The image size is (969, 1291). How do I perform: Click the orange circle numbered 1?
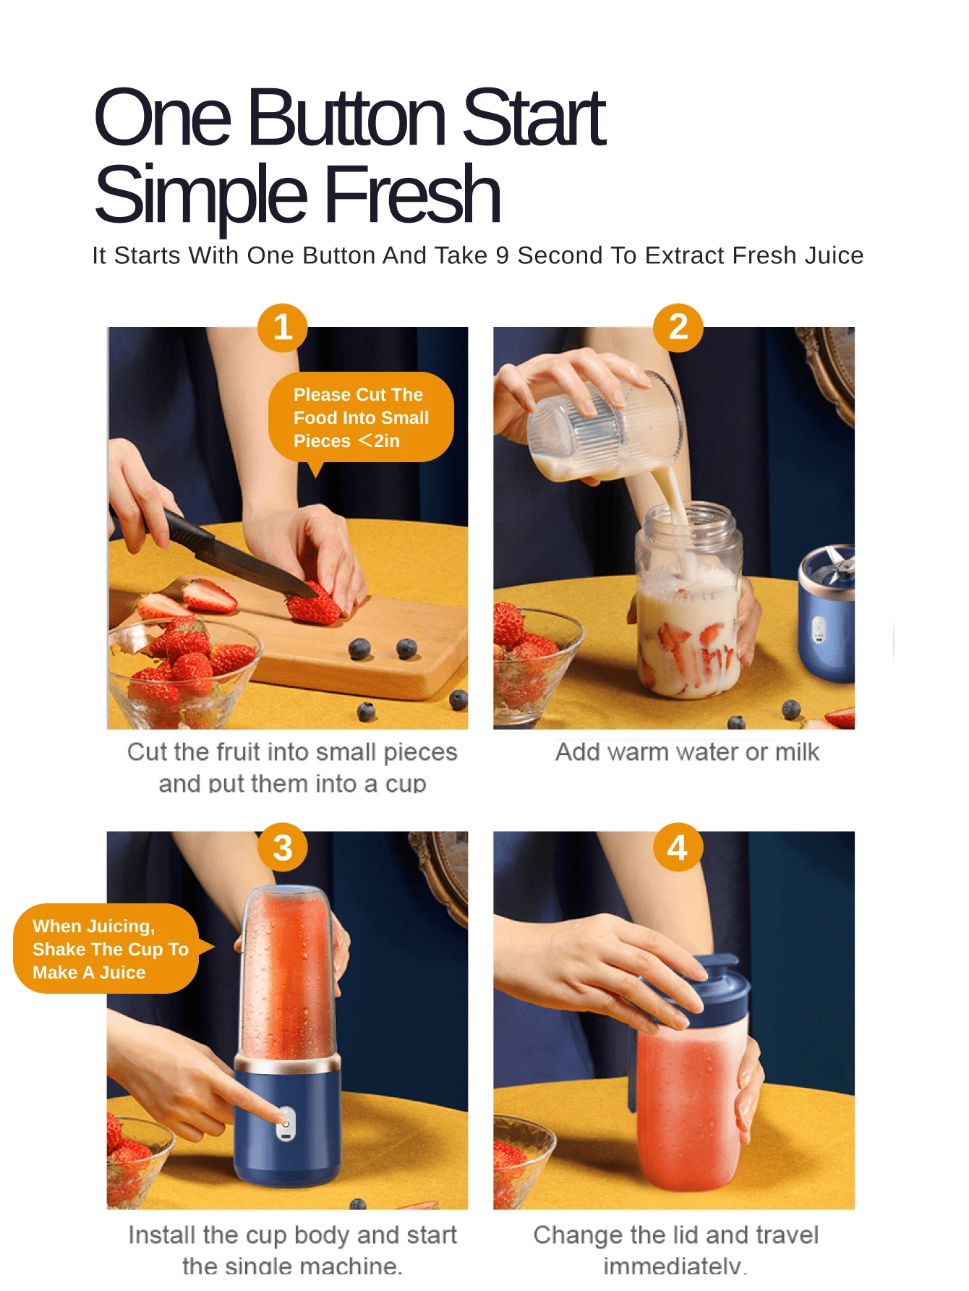283,328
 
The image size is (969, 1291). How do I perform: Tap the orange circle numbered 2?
678,328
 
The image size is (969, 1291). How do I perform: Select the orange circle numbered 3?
283,848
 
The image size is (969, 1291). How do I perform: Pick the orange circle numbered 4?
678,847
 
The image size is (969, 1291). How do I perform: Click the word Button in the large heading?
346,118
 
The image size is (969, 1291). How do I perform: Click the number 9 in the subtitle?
502,255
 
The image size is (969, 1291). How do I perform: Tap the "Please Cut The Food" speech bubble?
361,417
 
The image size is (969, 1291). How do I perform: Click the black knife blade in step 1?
239,557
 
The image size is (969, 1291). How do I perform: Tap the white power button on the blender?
286,1125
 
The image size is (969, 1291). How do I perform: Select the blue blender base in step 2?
828,622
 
